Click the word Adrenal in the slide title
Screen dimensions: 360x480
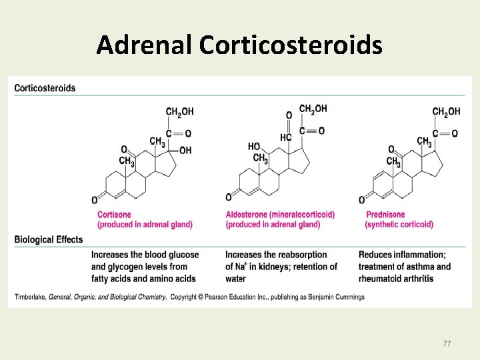click(x=144, y=45)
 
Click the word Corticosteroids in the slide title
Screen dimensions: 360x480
click(x=290, y=45)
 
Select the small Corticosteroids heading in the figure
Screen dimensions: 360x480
click(x=45, y=88)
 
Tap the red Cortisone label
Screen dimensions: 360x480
click(x=115, y=215)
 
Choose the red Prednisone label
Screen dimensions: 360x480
click(x=385, y=215)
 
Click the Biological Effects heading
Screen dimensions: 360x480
click(x=49, y=240)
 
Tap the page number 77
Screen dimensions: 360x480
click(x=447, y=343)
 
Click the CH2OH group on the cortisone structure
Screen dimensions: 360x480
click(x=179, y=111)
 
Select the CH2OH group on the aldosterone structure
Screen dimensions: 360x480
click(x=313, y=109)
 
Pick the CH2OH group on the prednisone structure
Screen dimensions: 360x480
click(x=446, y=111)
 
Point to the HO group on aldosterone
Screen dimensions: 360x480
click(x=254, y=147)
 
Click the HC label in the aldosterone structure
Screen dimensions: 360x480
click(x=286, y=137)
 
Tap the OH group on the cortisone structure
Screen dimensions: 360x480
click(x=185, y=151)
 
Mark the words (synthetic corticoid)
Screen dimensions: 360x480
click(x=399, y=225)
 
